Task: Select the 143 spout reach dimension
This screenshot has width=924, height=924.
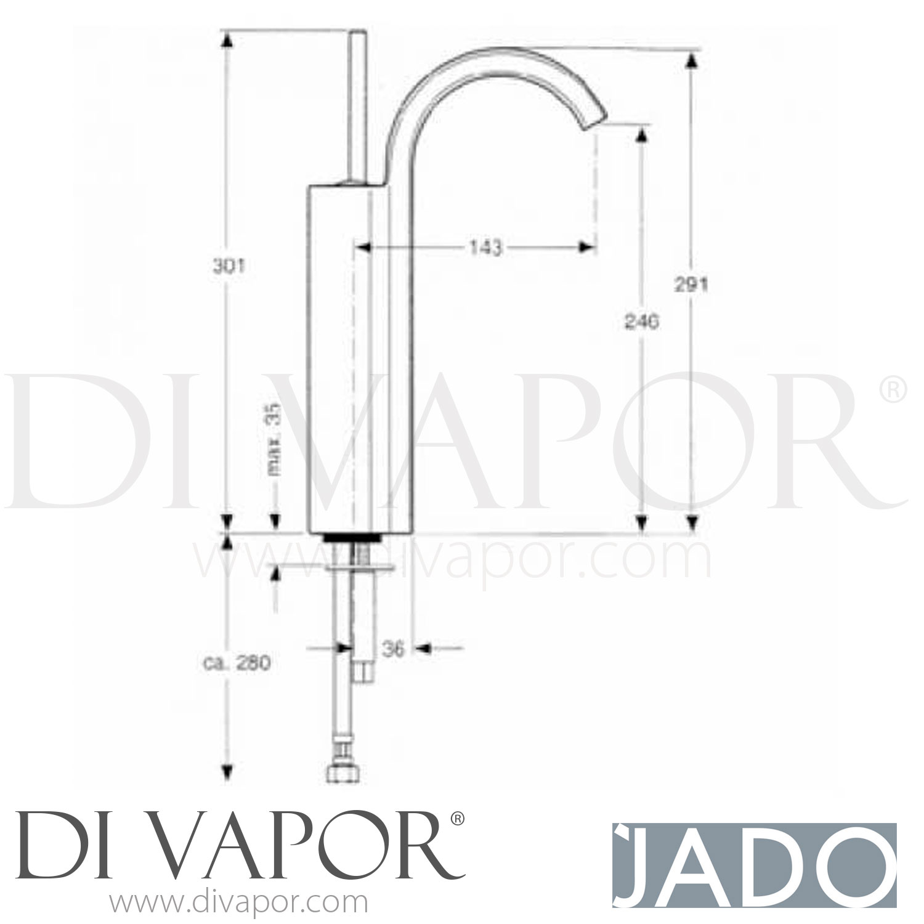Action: [486, 248]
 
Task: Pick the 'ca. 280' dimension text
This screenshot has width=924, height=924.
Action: [237, 663]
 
